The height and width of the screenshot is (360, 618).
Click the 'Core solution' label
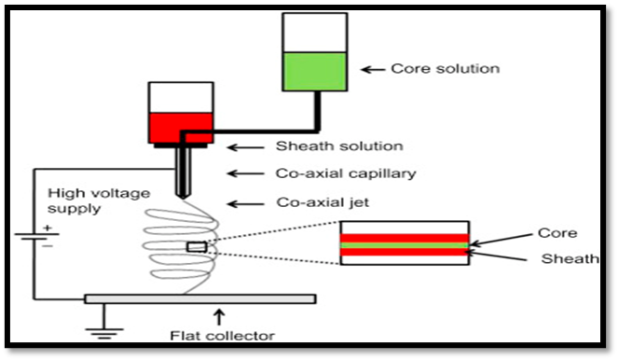pos(446,69)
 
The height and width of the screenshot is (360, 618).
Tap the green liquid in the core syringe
pos(315,72)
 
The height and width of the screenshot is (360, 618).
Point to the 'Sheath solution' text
pos(339,146)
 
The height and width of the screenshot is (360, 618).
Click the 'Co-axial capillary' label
pos(346,173)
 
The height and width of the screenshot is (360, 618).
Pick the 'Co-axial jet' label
pos(323,202)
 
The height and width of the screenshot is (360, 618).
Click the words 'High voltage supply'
pos(99,201)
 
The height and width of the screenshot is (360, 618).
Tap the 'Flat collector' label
pos(222,336)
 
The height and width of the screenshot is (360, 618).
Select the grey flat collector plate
pos(200,298)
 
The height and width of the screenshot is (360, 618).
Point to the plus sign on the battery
pos(48,228)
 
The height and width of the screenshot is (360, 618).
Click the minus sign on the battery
pos(48,246)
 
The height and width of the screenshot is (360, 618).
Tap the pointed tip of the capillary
pos(182,197)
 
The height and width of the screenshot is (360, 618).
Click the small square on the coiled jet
pos(197,247)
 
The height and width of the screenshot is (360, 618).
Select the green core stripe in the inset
pos(405,245)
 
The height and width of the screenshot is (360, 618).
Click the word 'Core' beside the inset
pos(557,233)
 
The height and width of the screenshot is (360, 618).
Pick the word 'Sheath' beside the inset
pos(570,258)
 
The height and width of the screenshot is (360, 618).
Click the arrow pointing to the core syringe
pos(373,70)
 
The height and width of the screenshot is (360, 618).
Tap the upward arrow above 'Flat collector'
pos(219,317)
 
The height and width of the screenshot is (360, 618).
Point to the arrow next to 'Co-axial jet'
pos(246,204)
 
